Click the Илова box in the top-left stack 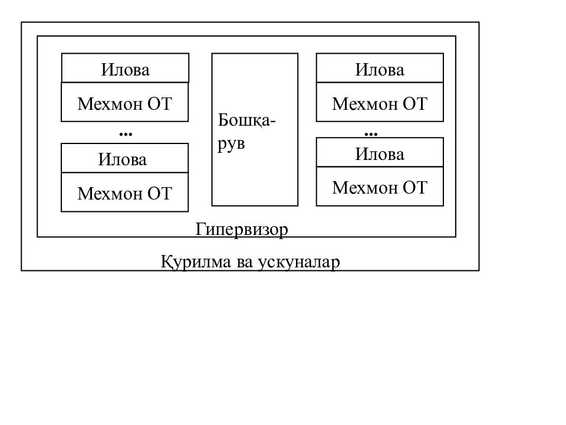click(x=125, y=68)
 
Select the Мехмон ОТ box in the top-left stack click(x=125, y=102)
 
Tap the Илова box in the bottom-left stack click(x=125, y=158)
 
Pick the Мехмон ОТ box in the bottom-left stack click(x=125, y=192)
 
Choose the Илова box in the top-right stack click(x=380, y=68)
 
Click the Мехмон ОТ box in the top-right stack click(x=380, y=102)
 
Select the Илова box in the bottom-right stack click(x=380, y=152)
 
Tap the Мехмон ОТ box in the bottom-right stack click(x=380, y=187)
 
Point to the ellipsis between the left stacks click(x=126, y=135)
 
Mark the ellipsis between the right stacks click(x=371, y=135)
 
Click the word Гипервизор click(x=242, y=230)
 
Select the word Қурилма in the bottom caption click(x=196, y=261)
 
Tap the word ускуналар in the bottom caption click(x=300, y=262)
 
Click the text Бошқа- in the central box click(x=246, y=120)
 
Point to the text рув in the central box click(x=231, y=145)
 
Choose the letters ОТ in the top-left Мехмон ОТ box click(x=160, y=104)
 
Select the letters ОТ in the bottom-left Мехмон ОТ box click(x=160, y=194)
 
